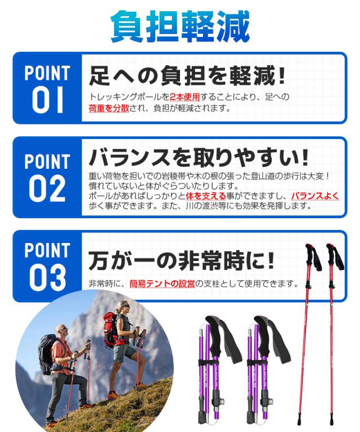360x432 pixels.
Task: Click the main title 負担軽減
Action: tap(180, 26)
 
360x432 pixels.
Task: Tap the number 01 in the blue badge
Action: tap(48, 99)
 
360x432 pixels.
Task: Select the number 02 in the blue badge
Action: tap(47, 190)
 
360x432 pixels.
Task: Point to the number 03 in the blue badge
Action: tap(48, 277)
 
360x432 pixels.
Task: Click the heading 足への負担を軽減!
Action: tap(188, 75)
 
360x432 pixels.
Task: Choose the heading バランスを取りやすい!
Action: tap(199, 156)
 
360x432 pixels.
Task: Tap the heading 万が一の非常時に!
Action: tap(182, 260)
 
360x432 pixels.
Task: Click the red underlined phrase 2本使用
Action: tap(184, 97)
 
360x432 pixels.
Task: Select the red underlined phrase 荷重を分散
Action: tap(109, 108)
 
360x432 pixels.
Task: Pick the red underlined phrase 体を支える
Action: tap(206, 196)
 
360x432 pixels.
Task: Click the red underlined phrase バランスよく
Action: tap(315, 196)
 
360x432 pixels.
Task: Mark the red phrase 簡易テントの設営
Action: tap(162, 284)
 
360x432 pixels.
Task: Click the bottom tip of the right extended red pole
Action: tap(331, 422)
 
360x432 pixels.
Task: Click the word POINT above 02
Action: tap(47, 162)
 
